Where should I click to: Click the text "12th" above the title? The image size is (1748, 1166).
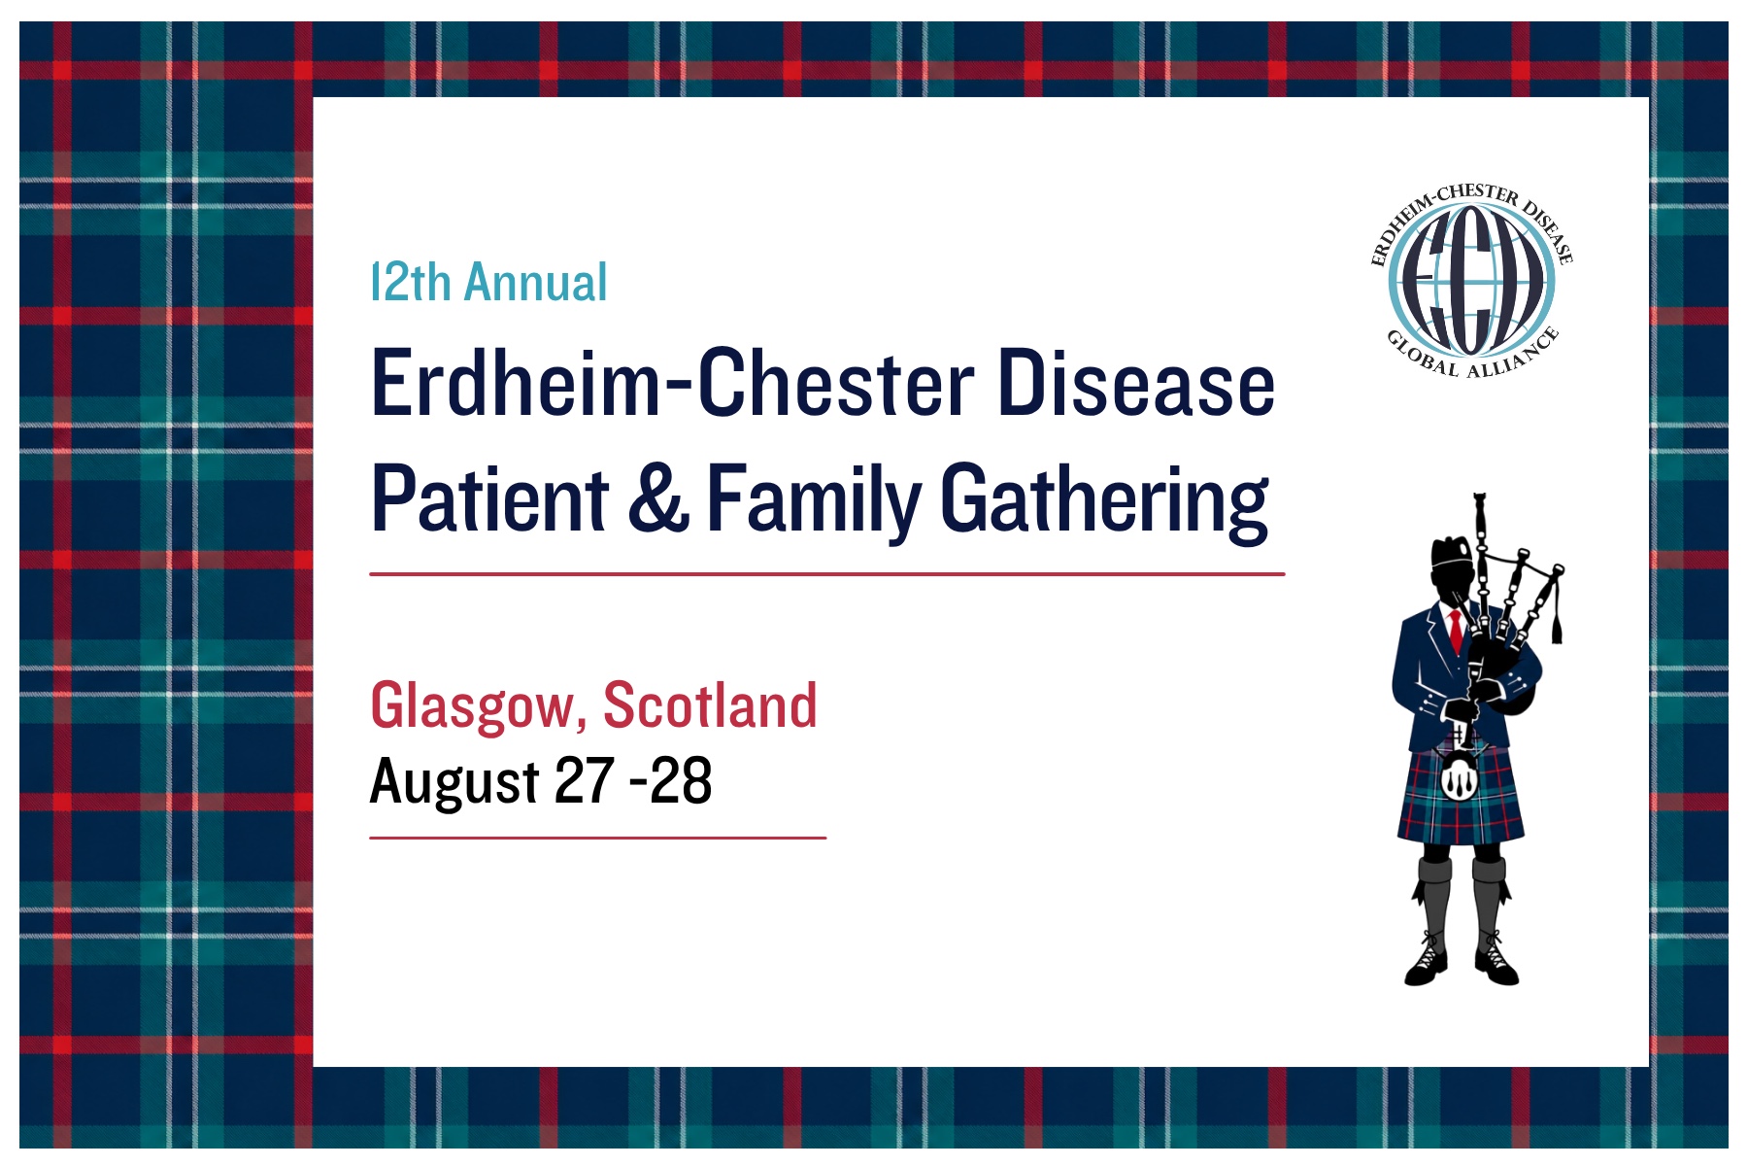(x=411, y=283)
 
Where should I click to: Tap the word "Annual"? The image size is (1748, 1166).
(x=536, y=283)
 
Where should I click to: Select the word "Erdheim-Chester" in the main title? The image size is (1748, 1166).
(x=673, y=383)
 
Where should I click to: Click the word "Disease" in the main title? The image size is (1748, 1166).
(x=1136, y=383)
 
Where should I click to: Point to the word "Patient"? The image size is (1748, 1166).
(x=490, y=498)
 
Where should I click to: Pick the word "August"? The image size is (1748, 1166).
(x=454, y=782)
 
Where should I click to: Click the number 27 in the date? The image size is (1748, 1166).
(x=585, y=780)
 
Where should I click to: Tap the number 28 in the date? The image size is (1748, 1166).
(x=681, y=780)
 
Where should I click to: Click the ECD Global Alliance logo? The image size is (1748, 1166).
(x=1471, y=281)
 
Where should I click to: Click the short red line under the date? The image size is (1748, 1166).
(x=597, y=837)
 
